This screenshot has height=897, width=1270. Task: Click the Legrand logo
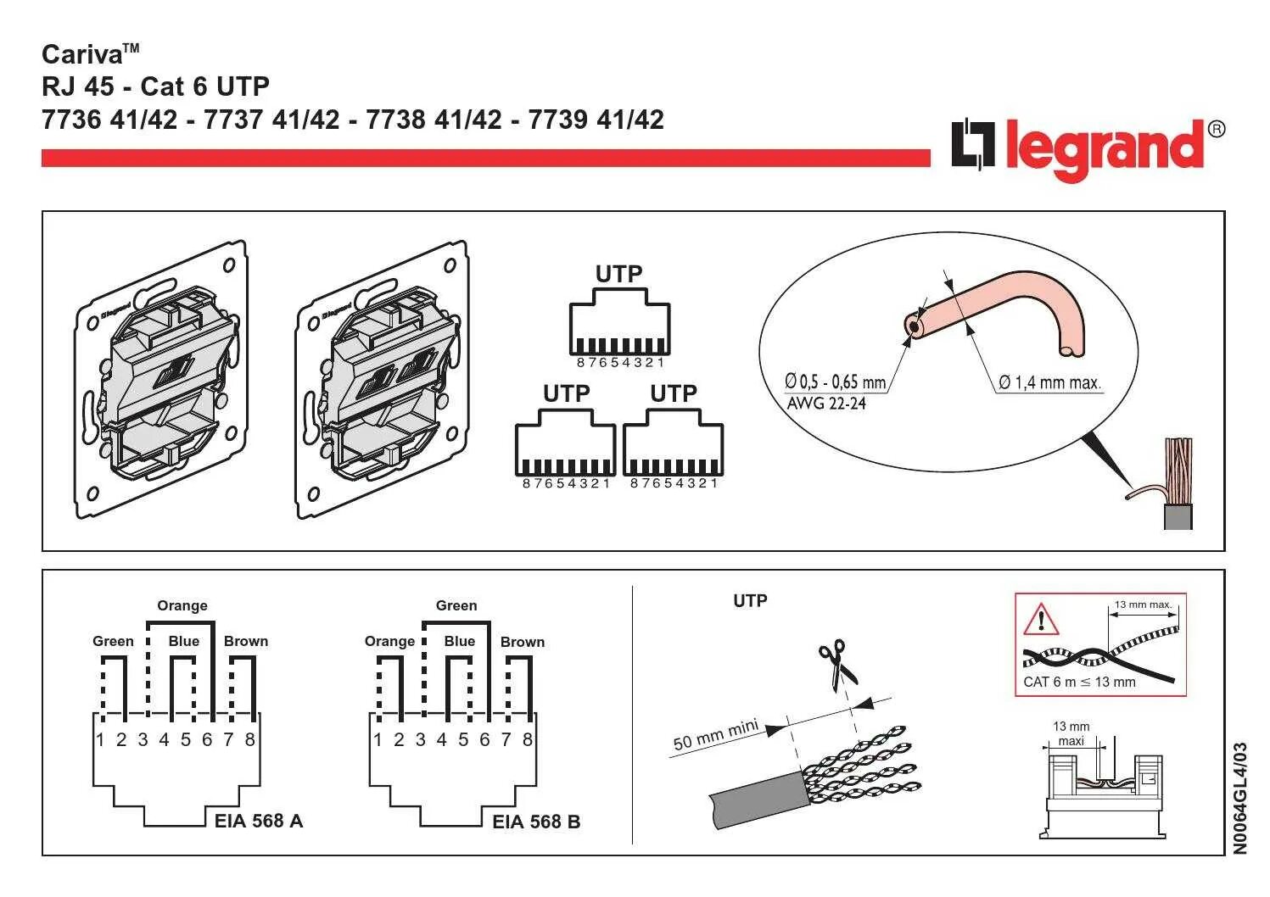click(x=1087, y=148)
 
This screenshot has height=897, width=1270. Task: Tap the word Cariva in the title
click(x=82, y=55)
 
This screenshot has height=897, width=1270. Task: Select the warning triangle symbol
click(x=1041, y=620)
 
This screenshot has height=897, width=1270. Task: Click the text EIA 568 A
click(x=258, y=821)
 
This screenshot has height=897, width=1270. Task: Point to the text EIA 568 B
click(x=536, y=822)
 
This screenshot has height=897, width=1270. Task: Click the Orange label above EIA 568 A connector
click(x=182, y=605)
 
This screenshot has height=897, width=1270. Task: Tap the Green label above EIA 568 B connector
click(x=456, y=605)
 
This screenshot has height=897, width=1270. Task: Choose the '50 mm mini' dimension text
click(x=714, y=736)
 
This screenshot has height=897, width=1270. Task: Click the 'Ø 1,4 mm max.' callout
click(x=1049, y=383)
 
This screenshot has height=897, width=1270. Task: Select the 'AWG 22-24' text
click(x=826, y=404)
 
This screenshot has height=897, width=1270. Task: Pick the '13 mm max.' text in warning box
click(x=1143, y=604)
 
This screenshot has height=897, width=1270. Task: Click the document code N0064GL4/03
click(x=1241, y=798)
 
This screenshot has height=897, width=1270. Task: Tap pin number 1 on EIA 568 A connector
click(x=100, y=740)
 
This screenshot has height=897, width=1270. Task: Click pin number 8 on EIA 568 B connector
click(x=527, y=740)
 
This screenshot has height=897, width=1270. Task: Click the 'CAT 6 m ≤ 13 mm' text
click(x=1079, y=682)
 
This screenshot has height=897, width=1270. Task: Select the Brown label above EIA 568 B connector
click(x=523, y=642)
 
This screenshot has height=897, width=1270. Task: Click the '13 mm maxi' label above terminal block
click(x=1071, y=733)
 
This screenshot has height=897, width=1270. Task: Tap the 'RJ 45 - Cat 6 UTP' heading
click(x=155, y=86)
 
